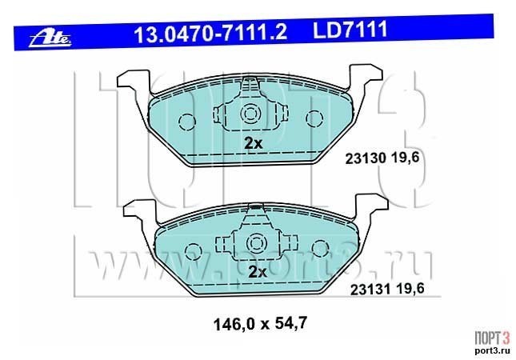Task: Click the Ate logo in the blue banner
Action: [x=50, y=39]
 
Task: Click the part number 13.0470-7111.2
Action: [x=210, y=33]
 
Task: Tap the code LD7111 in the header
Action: [x=350, y=30]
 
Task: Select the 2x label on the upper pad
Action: [x=253, y=143]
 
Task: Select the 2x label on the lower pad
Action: [x=257, y=272]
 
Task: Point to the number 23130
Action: [x=366, y=159]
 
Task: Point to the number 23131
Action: [x=370, y=290]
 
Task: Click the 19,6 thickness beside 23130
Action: [x=406, y=158]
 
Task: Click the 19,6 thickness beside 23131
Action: [x=410, y=289]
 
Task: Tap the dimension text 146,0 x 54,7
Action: [x=260, y=323]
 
